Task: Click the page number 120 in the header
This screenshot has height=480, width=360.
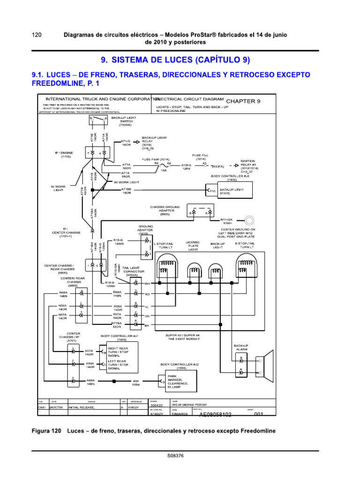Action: (x=37, y=35)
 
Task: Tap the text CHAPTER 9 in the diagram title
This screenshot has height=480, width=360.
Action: (x=243, y=101)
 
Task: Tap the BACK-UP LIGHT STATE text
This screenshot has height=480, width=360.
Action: (x=233, y=191)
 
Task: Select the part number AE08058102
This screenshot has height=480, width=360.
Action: (x=216, y=415)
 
